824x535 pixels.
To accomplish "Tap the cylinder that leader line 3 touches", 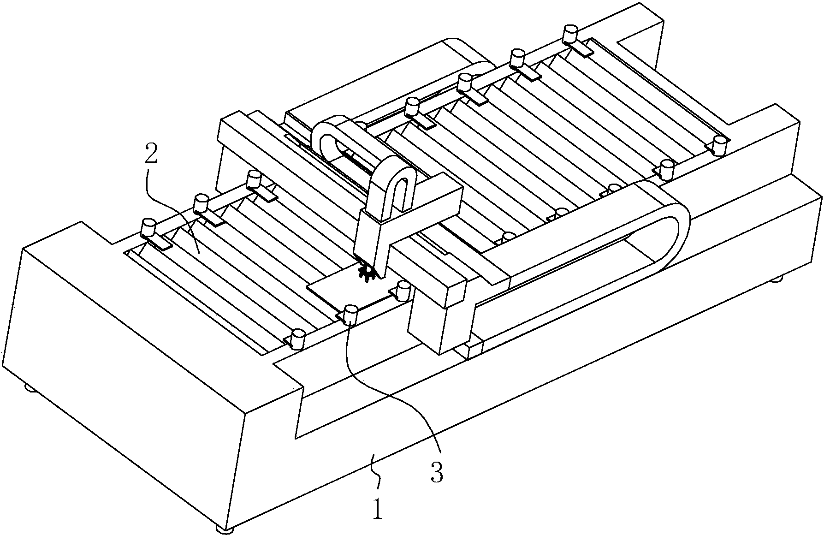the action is click(351, 314).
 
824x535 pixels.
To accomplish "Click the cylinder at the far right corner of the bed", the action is click(718, 145).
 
